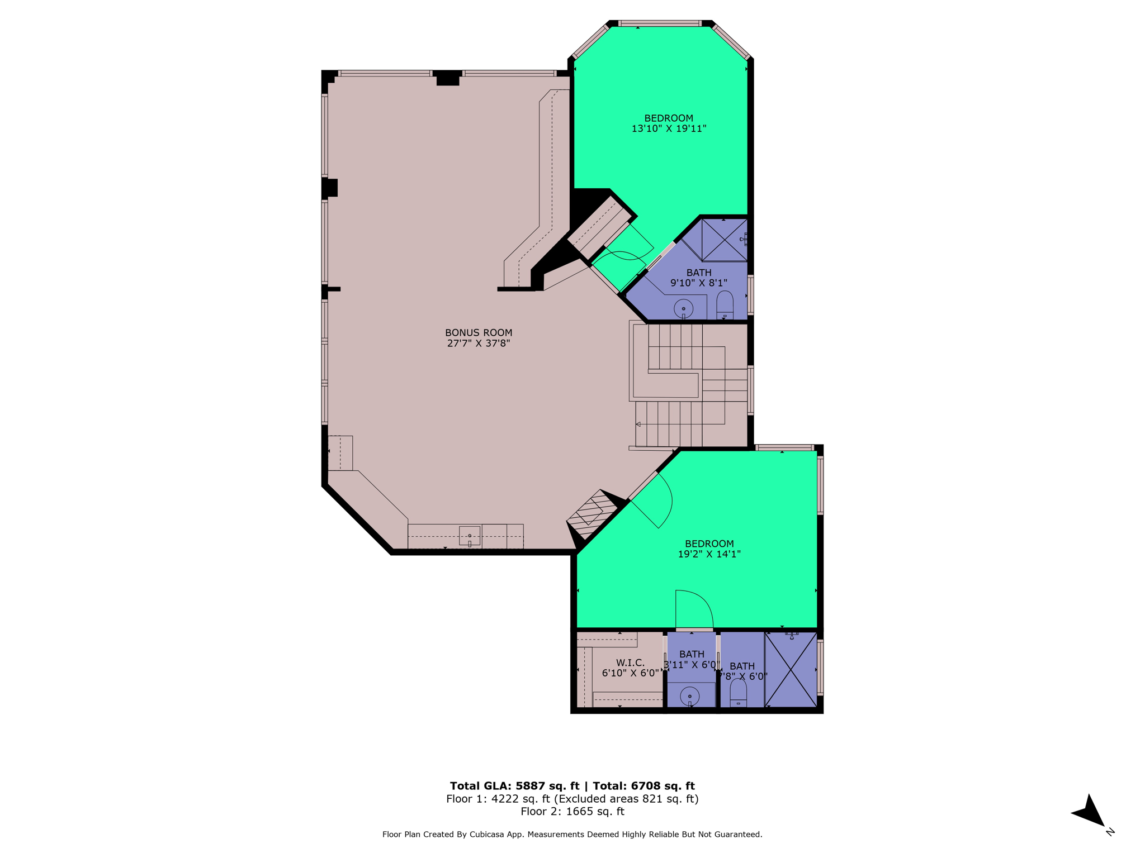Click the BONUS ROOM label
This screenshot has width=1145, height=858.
click(479, 333)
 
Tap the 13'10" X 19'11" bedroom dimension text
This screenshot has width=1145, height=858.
click(669, 128)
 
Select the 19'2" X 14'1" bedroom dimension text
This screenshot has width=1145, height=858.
click(709, 554)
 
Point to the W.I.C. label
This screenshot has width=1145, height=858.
click(630, 662)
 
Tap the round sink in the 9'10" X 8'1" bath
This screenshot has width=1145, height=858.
click(683, 308)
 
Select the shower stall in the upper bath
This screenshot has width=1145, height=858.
click(724, 240)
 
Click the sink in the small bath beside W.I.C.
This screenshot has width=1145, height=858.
click(690, 697)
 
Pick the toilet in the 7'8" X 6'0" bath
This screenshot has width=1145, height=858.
click(738, 694)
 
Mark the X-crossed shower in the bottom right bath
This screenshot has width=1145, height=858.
click(791, 669)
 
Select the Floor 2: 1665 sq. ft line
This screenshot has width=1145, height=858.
click(572, 812)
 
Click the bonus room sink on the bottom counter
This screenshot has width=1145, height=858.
click(470, 536)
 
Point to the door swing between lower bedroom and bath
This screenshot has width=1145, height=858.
click(694, 610)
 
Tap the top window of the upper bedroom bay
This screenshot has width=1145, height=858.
click(660, 23)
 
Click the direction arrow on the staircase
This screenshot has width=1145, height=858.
click(638, 425)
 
